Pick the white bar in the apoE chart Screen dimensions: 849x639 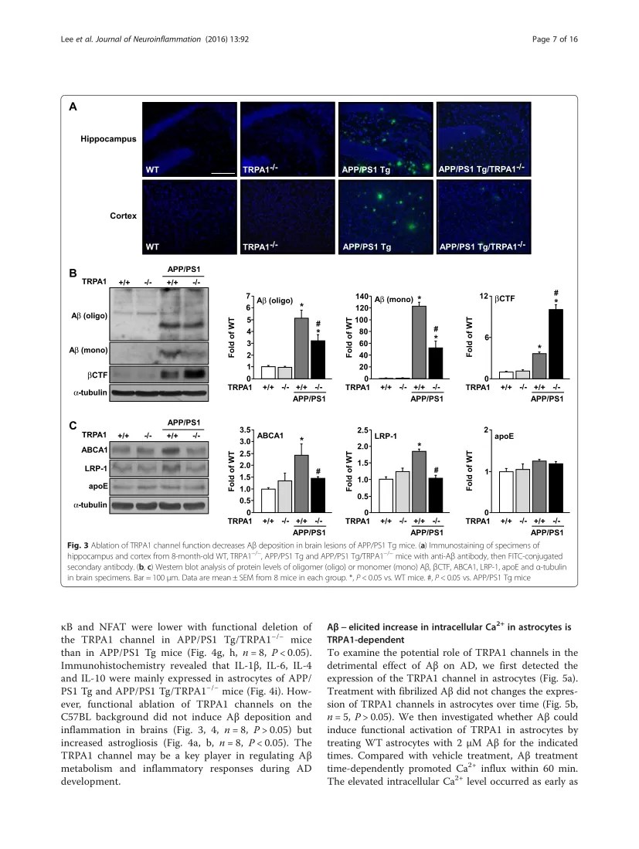tap(506, 492)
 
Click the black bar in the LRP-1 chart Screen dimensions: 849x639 tap(437, 495)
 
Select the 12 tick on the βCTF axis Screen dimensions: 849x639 tap(484, 297)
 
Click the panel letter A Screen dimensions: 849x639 tap(73, 107)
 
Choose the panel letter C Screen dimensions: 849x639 tap(73, 426)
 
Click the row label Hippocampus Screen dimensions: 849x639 tap(108, 140)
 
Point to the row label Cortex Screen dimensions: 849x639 tap(122, 216)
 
